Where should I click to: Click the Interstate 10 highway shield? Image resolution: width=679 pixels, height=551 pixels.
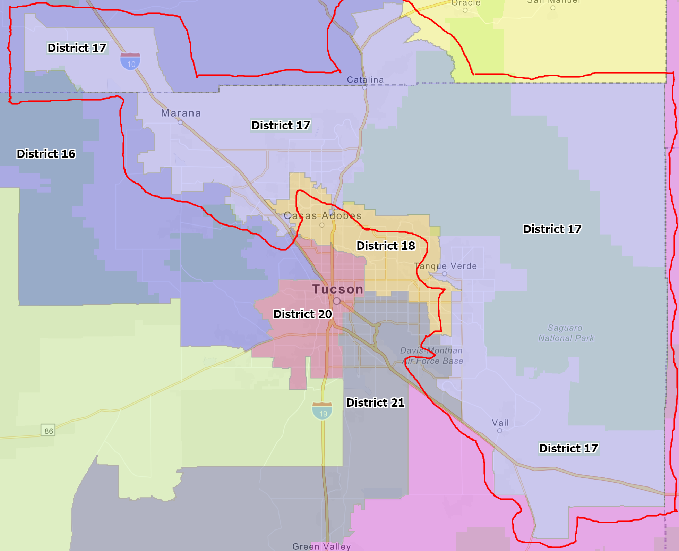tap(130, 61)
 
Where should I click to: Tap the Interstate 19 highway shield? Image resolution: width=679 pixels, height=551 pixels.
tap(322, 411)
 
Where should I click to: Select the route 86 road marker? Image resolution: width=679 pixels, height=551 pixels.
tap(48, 431)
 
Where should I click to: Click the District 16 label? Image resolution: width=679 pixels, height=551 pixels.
tap(46, 154)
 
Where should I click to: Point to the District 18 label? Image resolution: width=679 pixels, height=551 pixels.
tap(386, 246)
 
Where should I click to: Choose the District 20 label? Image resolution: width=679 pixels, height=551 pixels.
tap(302, 314)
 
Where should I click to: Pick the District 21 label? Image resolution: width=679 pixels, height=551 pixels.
tap(375, 402)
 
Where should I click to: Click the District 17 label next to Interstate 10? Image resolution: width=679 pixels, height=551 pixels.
tap(77, 48)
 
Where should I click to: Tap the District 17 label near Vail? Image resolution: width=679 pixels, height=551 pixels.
tap(568, 448)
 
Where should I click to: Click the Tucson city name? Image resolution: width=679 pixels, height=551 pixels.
tap(338, 289)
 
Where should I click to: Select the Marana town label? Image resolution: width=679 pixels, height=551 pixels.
tap(181, 113)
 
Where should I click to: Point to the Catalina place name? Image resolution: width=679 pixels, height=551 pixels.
tap(365, 80)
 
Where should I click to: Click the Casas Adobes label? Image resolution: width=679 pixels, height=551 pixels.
tap(323, 216)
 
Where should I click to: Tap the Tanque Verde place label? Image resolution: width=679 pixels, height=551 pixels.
tap(446, 266)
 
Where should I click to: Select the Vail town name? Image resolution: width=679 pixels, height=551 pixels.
tap(500, 423)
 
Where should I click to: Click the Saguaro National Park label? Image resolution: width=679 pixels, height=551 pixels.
tap(566, 333)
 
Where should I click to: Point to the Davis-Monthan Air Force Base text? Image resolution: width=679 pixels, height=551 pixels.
tap(431, 356)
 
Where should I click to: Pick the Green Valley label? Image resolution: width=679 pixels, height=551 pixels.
tap(321, 546)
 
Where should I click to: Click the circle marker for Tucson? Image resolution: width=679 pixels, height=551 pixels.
tap(337, 301)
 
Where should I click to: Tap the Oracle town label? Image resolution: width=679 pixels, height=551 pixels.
tap(466, 3)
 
